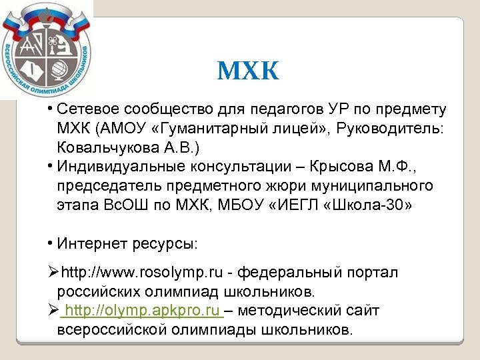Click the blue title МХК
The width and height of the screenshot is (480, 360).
coord(248,71)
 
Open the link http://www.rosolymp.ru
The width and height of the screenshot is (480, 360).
coord(143,273)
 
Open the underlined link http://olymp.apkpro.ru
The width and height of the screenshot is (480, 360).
coord(143,311)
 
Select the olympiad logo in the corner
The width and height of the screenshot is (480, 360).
coord(46,50)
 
